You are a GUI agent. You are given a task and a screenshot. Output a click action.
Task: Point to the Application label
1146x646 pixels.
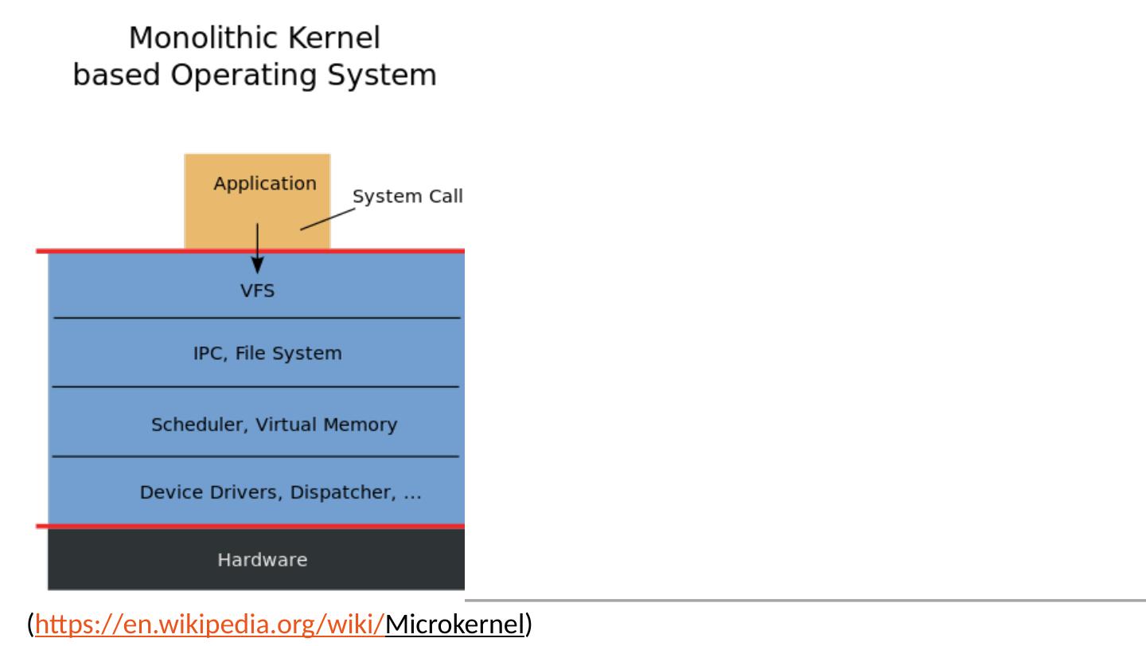[x=264, y=184]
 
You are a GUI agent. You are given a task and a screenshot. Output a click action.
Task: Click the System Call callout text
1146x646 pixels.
[x=407, y=197]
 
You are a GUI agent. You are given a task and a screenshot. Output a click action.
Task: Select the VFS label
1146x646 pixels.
[x=257, y=291]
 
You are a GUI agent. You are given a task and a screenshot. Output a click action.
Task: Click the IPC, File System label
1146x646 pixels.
[x=267, y=354]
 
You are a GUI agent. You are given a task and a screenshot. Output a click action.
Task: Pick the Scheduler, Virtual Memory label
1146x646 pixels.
[x=274, y=425]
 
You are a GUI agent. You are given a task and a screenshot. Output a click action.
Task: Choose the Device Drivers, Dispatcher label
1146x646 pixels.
[x=280, y=493]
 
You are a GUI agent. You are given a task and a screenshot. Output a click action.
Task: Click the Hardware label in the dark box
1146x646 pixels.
[x=262, y=560]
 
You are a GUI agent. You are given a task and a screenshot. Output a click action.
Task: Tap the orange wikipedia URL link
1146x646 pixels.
[x=211, y=624]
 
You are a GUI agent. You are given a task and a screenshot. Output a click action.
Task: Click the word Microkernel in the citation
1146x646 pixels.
[x=455, y=624]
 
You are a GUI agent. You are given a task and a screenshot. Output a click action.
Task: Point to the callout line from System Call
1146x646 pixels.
[x=326, y=220]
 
